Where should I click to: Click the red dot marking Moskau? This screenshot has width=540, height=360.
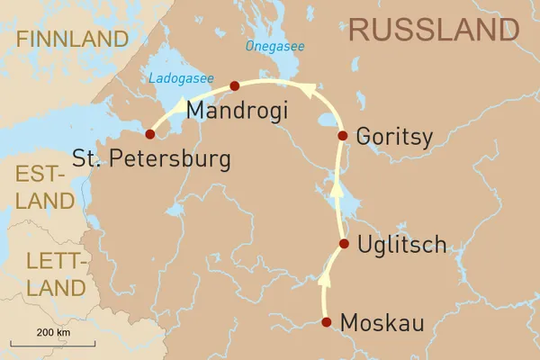[327, 322]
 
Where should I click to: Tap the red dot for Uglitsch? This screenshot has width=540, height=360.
[344, 244]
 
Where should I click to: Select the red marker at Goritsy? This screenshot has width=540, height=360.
[342, 136]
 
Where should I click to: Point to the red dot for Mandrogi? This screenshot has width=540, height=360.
[234, 86]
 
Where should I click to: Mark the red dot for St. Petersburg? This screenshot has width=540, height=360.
[150, 134]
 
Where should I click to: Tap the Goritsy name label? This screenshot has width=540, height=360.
[394, 136]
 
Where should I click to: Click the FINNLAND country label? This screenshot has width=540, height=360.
[72, 39]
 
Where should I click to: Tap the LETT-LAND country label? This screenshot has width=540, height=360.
[43, 275]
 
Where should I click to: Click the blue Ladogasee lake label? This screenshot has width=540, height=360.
[184, 79]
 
